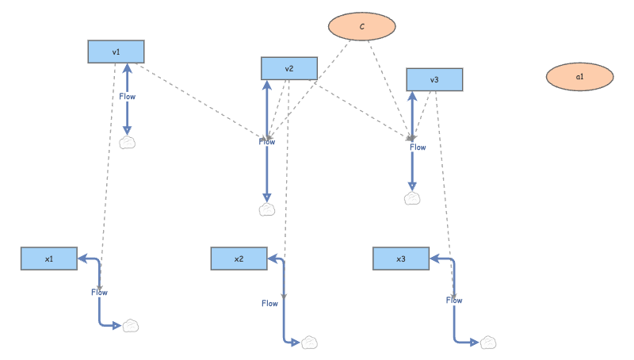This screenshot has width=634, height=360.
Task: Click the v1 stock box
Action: pyautogui.click(x=116, y=52)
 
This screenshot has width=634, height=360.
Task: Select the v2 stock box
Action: pyautogui.click(x=288, y=68)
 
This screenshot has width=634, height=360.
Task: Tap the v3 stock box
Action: pyautogui.click(x=434, y=79)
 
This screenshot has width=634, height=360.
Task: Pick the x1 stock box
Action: pyautogui.click(x=48, y=259)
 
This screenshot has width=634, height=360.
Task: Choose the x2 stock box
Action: pyautogui.click(x=239, y=259)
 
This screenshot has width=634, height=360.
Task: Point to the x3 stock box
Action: pyautogui.click(x=400, y=259)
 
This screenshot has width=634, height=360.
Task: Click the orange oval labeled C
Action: pyautogui.click(x=362, y=27)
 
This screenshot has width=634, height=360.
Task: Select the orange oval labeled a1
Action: pyautogui.click(x=579, y=77)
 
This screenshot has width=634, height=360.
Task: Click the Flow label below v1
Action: pyautogui.click(x=128, y=96)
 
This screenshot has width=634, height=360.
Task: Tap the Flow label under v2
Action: pyautogui.click(x=267, y=141)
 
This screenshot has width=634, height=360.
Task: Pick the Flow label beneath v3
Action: pyautogui.click(x=418, y=147)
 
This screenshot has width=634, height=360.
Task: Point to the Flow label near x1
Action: pyautogui.click(x=99, y=293)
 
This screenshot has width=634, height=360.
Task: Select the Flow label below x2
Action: pyautogui.click(x=270, y=303)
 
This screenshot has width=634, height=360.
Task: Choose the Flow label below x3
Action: pyautogui.click(x=454, y=301)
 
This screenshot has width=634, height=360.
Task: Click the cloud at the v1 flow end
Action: pyautogui.click(x=128, y=143)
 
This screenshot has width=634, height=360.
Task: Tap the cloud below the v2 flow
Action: pyautogui.click(x=267, y=209)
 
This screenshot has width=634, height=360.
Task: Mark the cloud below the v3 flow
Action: pyautogui.click(x=412, y=198)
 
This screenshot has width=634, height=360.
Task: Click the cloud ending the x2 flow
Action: pyautogui.click(x=310, y=342)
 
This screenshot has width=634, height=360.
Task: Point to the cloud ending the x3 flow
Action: pyautogui.click(x=490, y=342)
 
